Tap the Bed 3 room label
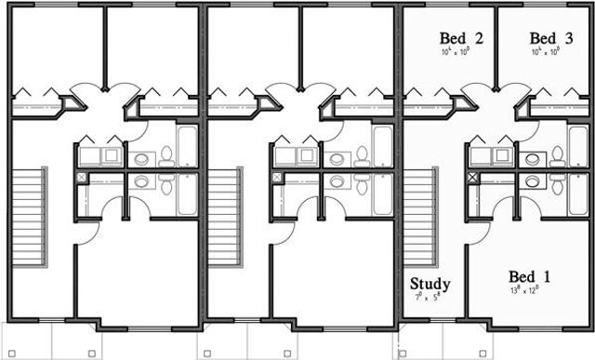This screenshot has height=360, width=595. click(549, 38)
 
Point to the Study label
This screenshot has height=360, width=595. click(430, 284)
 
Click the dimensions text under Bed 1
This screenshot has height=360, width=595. click(527, 291)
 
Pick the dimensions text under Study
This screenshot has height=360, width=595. click(430, 298)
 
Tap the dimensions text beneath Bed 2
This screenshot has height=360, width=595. click(460, 53)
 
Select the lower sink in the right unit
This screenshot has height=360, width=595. click(533, 181)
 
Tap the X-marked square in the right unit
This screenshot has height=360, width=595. click(475, 176)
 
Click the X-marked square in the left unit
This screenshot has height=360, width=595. click(83, 176)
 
